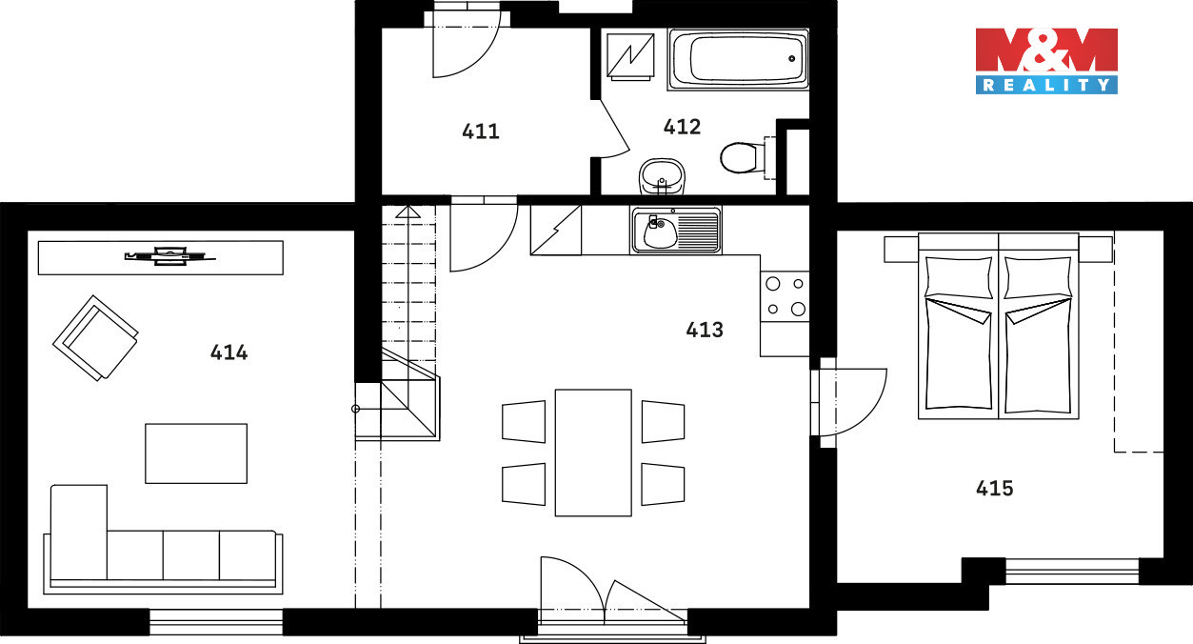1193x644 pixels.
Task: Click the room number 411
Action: click(x=481, y=131)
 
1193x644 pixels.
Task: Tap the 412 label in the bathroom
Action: click(x=682, y=127)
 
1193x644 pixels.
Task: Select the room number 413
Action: click(x=705, y=330)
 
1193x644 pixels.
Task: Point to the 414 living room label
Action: click(x=229, y=352)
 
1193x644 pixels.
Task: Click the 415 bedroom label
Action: click(x=994, y=489)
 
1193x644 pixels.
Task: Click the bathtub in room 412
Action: click(x=739, y=59)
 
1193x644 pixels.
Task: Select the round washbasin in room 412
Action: click(x=662, y=176)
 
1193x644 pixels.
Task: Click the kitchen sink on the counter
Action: click(x=676, y=231)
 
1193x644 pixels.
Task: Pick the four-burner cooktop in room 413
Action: click(x=785, y=296)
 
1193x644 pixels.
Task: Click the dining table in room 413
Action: click(x=593, y=453)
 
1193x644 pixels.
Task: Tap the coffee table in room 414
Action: click(x=196, y=453)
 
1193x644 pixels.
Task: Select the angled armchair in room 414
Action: click(x=96, y=338)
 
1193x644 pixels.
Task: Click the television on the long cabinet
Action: click(x=169, y=256)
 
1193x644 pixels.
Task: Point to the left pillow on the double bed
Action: click(x=959, y=277)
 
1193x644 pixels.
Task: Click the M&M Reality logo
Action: click(x=1046, y=61)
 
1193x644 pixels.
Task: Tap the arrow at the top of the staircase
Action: click(x=408, y=211)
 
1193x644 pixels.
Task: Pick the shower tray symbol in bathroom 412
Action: click(x=630, y=56)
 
